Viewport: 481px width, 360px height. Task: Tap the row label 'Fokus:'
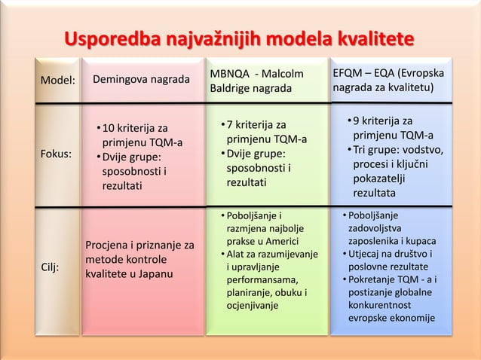click(57, 154)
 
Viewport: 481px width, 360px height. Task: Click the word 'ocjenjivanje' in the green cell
click(253, 306)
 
